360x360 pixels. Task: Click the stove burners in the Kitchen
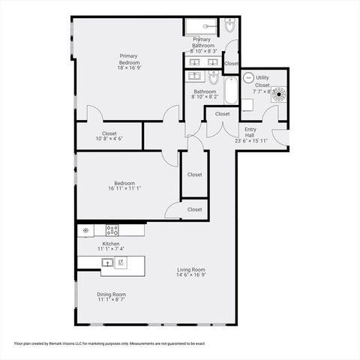tap(112, 231)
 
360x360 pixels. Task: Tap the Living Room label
tap(191, 270)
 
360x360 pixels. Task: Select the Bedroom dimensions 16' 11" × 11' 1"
tap(124, 189)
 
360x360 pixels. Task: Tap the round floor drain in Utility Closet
tap(278, 94)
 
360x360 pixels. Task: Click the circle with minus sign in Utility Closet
tap(248, 77)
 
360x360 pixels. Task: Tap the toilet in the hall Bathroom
tap(214, 79)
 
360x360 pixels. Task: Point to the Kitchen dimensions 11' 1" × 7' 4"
tap(111, 248)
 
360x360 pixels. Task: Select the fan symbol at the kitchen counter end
tap(86, 231)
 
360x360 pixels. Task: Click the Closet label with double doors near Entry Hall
tap(223, 114)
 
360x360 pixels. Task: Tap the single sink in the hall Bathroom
tap(196, 76)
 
